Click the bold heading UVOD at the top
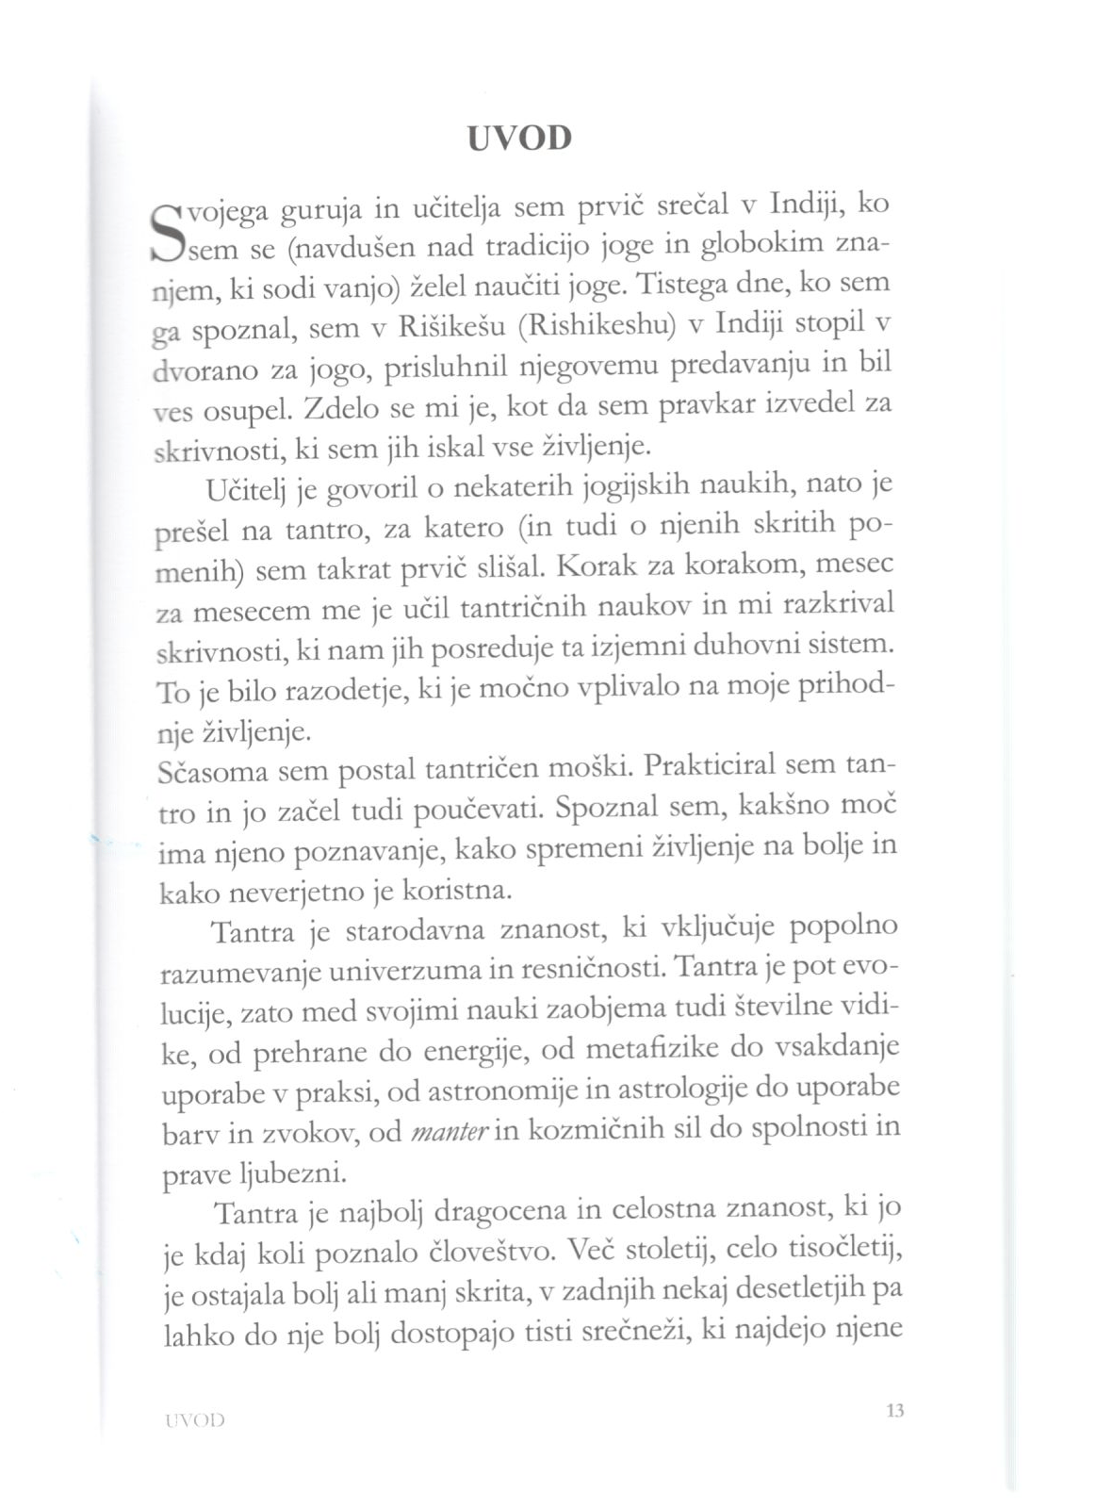519,139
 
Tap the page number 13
894,1411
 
